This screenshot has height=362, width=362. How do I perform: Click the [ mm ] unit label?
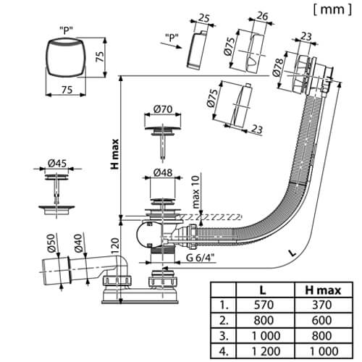pyautogui.click(x=332, y=9)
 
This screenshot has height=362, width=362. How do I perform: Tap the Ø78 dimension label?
pyautogui.click(x=279, y=67)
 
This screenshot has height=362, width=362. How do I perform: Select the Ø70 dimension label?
pyautogui.click(x=163, y=109)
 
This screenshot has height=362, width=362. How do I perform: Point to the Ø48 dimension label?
pyautogui.click(x=163, y=172)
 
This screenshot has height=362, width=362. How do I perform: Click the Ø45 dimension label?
pyautogui.click(x=57, y=164)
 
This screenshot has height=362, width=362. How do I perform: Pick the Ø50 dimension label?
pyautogui.click(x=51, y=243)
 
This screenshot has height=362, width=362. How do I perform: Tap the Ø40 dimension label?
pyautogui.click(x=79, y=243)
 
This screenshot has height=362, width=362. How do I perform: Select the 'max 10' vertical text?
pyautogui.click(x=195, y=192)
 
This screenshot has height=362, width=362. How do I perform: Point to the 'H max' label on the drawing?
pyautogui.click(x=115, y=154)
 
